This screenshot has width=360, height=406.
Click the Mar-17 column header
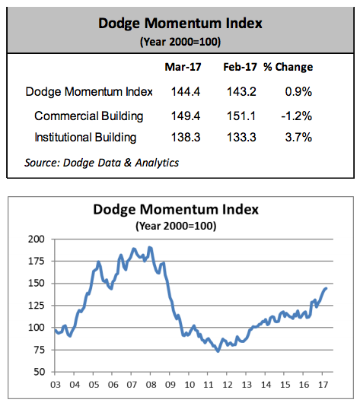pyautogui.click(x=183, y=67)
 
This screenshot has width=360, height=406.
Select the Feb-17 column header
pyautogui.click(x=240, y=67)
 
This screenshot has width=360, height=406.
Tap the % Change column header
pyautogui.click(x=288, y=67)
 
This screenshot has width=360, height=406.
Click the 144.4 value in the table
pyautogui.click(x=186, y=92)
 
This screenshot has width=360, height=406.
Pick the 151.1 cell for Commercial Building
pyautogui.click(x=241, y=116)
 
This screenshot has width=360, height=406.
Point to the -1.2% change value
pyautogui.click(x=297, y=116)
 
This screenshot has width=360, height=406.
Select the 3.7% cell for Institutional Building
pyautogui.click(x=298, y=137)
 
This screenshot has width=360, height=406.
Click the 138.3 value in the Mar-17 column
pyautogui.click(x=186, y=137)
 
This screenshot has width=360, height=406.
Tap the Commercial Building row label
pyautogui.click(x=88, y=116)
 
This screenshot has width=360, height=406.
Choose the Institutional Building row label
pyautogui.click(x=85, y=138)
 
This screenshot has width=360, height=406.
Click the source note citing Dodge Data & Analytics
pyautogui.click(x=101, y=163)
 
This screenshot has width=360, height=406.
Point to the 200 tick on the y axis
pyautogui.click(x=37, y=239)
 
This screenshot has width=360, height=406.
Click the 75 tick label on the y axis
pyautogui.click(x=39, y=350)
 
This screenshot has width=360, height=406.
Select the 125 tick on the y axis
pyautogui.click(x=37, y=306)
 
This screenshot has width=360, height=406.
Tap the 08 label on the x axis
pyautogui.click(x=151, y=385)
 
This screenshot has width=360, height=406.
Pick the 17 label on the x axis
pyautogui.click(x=323, y=385)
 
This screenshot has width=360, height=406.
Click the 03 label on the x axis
pyautogui.click(x=56, y=385)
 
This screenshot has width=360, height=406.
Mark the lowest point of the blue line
pyautogui.click(x=218, y=351)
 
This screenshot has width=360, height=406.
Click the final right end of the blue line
pyautogui.click(x=326, y=288)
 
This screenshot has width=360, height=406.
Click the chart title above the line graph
pyautogui.click(x=176, y=209)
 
